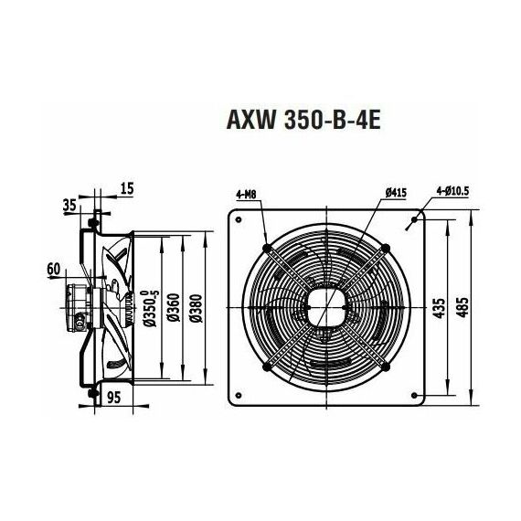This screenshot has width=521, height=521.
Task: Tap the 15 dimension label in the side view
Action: [126, 188]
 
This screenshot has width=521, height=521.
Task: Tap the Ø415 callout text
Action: [396, 194]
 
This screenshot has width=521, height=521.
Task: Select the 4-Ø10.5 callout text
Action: [452, 191]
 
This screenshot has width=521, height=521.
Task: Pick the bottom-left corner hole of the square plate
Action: [236, 398]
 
